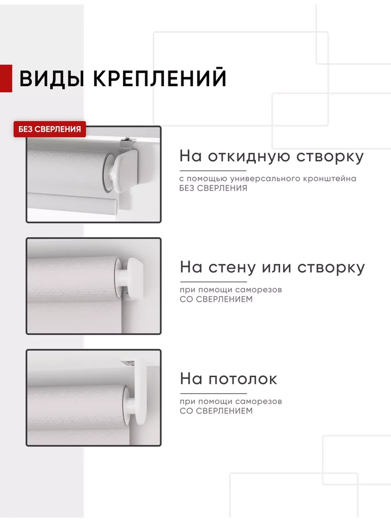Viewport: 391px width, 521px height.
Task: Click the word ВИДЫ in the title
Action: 52,79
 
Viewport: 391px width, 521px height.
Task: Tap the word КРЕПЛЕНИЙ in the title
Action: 160,78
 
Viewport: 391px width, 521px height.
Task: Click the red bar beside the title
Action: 6,78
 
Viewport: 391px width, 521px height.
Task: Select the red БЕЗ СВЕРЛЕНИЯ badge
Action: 50,129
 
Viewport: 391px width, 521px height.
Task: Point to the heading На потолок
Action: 228,379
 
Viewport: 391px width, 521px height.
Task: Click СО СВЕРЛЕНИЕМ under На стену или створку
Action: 216,299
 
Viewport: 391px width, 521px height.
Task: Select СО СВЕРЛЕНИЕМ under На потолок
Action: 216,411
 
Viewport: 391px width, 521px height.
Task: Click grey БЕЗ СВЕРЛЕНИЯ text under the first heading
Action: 213,188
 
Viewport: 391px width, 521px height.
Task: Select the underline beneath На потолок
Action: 213,394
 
